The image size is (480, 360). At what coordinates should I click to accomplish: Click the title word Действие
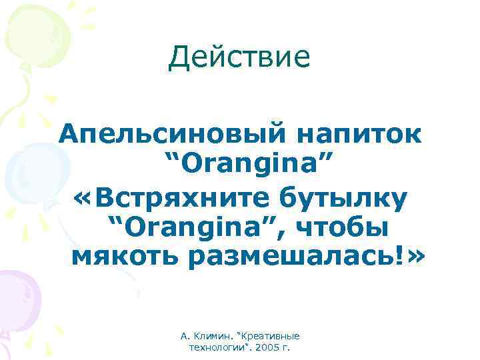point(239,57)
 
